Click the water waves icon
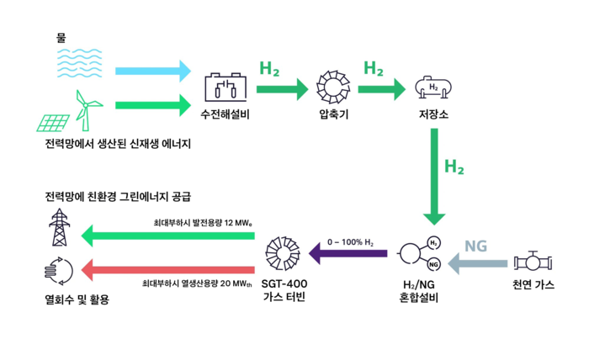tap(79, 63)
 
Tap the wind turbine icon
tap(86, 110)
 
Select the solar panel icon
tap(53, 123)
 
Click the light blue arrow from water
tap(153, 71)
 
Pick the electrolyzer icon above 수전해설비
tap(226, 87)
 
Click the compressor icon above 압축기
tap(333, 87)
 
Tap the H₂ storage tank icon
tap(433, 87)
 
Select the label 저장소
tap(433, 114)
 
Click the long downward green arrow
tap(434, 177)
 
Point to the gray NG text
tap(475, 246)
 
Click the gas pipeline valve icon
tap(533, 262)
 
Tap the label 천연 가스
tap(533, 285)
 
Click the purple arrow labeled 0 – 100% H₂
tap(348, 253)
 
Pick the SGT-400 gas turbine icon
tap(283, 253)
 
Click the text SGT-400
tap(284, 283)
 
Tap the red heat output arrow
tap(168, 269)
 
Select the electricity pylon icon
tap(60, 227)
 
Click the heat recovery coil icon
tap(58, 271)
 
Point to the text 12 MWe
tap(238, 223)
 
